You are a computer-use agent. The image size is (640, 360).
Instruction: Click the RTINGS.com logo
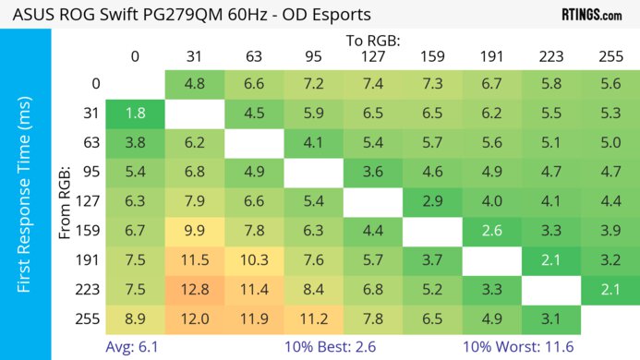pos(592,15)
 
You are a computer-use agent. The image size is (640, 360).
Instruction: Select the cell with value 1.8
pos(135,114)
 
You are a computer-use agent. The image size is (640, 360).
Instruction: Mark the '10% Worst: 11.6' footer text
pos(518,347)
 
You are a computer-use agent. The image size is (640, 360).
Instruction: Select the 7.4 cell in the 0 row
pos(372,84)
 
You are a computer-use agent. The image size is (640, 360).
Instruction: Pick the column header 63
pos(253,55)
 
